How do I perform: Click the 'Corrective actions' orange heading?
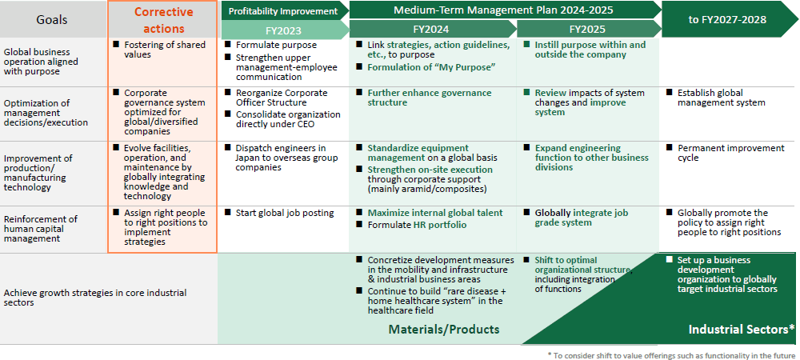pyautogui.click(x=164, y=20)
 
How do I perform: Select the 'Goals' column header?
pyautogui.click(x=52, y=20)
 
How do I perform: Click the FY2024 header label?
pyautogui.click(x=432, y=29)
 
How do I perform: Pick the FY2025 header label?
pyautogui.click(x=588, y=29)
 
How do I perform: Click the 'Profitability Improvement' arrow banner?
pyautogui.click(x=282, y=10)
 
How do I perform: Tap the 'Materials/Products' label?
pyautogui.click(x=444, y=330)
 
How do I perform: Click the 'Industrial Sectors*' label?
pyautogui.click(x=742, y=330)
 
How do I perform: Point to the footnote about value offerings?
pyautogui.click(x=671, y=355)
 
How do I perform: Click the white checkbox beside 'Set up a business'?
pyautogui.click(x=670, y=259)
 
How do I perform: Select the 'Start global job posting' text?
pyautogui.click(x=285, y=213)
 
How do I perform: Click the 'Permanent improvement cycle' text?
pyautogui.click(x=731, y=153)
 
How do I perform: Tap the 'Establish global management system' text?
pyautogui.click(x=722, y=98)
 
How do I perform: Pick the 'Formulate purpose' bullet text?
pyautogui.click(x=276, y=45)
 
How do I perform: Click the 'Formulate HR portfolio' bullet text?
pyautogui.click(x=418, y=225)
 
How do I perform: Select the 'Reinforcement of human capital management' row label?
pyautogui.click(x=41, y=229)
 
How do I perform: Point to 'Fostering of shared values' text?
pyautogui.click(x=165, y=50)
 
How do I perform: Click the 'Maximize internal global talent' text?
pyautogui.click(x=435, y=213)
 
